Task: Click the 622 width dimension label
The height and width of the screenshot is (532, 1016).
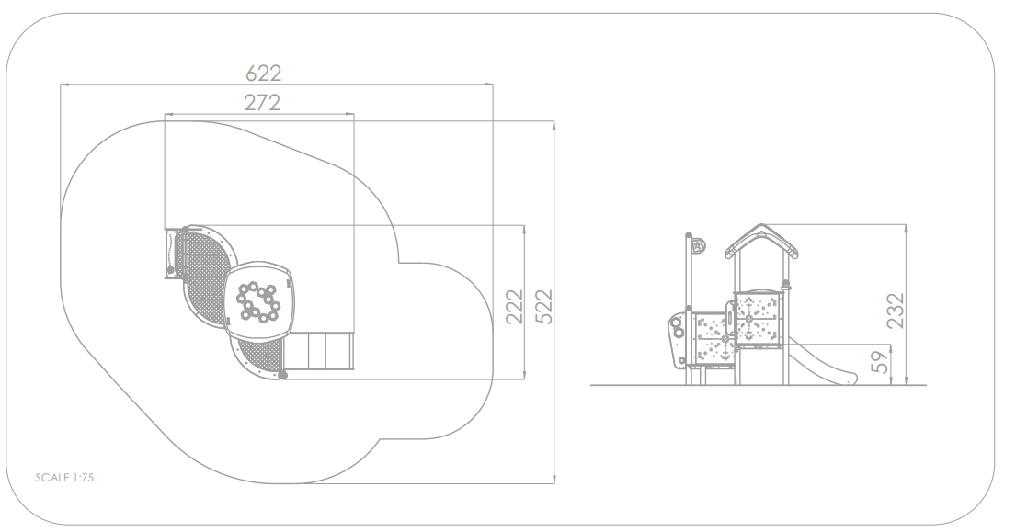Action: (x=264, y=74)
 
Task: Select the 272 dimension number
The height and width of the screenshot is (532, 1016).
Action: (x=262, y=102)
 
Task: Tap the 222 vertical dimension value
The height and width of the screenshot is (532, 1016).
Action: (x=513, y=308)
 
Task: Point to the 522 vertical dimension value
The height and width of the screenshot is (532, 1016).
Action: (x=543, y=307)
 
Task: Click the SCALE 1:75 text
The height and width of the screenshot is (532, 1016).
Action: (x=64, y=478)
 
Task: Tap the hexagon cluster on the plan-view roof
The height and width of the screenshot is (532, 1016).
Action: (x=257, y=302)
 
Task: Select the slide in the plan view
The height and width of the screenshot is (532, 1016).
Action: (x=319, y=351)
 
